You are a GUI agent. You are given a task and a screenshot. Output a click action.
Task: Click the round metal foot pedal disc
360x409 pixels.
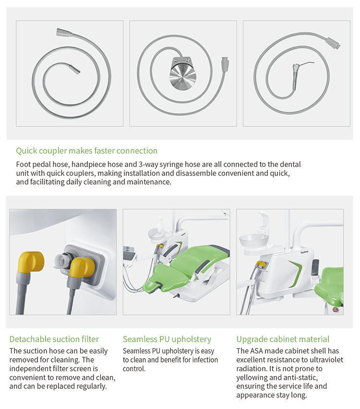182,76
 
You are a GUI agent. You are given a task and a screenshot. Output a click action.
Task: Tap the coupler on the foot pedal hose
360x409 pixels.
225,64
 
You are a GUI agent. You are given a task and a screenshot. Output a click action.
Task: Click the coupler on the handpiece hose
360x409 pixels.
64,32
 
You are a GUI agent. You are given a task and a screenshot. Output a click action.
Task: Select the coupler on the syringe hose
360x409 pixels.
333,43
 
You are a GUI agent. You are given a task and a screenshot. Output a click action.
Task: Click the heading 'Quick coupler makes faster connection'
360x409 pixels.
87,151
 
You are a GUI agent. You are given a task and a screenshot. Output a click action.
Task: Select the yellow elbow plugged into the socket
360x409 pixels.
82,271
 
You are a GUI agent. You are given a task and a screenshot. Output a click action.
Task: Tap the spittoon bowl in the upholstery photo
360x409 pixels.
156,234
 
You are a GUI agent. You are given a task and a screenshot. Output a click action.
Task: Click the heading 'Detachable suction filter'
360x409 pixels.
54,339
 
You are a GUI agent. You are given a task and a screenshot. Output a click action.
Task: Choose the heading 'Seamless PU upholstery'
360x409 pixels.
167,339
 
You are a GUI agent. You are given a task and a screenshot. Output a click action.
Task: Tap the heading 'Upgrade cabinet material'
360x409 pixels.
283,339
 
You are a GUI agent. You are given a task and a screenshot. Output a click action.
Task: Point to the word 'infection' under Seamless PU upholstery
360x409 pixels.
205,360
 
